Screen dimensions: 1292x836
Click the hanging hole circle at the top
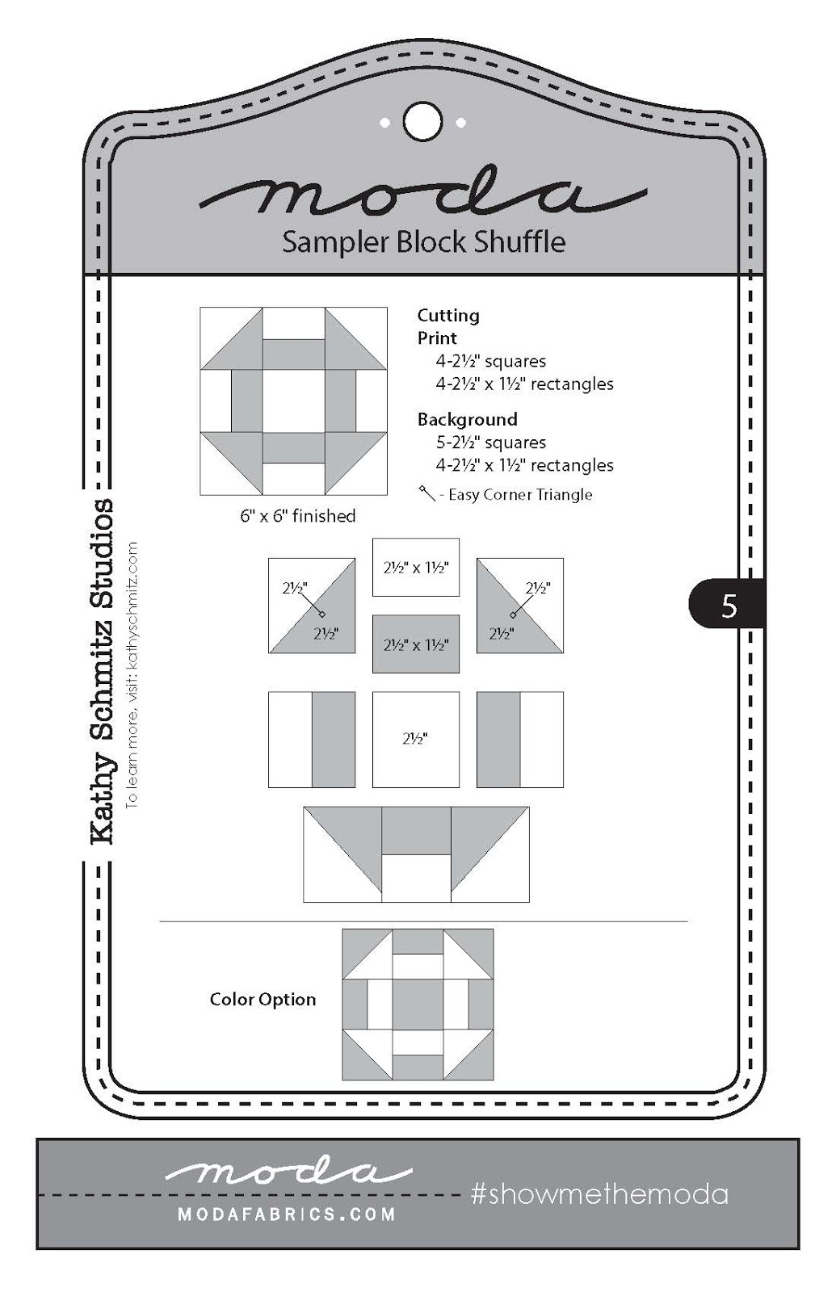422,122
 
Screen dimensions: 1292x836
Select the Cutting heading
447,316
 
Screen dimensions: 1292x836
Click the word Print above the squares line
437,338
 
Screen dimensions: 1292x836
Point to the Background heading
467,420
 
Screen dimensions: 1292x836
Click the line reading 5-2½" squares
491,443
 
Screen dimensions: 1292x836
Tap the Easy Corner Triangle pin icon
426,493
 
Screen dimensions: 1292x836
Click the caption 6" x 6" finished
297,516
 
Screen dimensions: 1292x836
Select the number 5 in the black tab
729,605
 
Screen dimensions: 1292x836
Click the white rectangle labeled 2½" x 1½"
415,568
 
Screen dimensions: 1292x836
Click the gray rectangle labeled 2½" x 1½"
415,644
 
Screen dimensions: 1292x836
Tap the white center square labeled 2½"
415,739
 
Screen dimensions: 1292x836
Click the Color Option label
263,1000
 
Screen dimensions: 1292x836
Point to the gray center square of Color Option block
418,1004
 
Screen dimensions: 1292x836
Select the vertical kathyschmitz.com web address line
132,674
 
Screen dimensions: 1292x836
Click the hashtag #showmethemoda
599,1194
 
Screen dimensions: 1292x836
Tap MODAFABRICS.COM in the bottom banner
287,1214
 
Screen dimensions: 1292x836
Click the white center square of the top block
293,401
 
